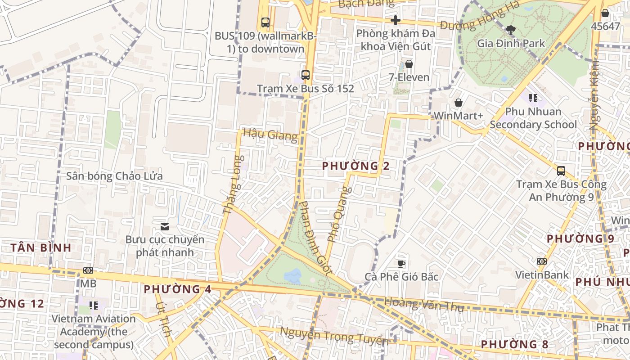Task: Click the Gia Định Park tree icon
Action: [510, 30]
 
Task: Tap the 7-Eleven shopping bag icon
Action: [409, 64]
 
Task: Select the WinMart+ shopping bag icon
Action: [458, 103]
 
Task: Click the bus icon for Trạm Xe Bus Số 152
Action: [306, 75]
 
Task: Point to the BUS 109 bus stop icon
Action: [265, 22]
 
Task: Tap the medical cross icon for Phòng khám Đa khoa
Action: [395, 20]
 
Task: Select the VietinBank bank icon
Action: [541, 261]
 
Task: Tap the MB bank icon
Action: [88, 270]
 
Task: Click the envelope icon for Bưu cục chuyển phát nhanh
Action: [165, 226]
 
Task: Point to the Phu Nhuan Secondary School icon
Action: [533, 98]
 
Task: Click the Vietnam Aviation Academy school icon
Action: [94, 306]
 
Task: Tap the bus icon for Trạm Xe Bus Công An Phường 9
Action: [561, 171]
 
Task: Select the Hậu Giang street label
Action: [270, 135]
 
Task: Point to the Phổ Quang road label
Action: [339, 214]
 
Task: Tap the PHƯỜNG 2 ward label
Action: [355, 166]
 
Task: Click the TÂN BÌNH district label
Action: [41, 247]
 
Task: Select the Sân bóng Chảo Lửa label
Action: [114, 176]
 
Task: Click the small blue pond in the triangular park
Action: [293, 276]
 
